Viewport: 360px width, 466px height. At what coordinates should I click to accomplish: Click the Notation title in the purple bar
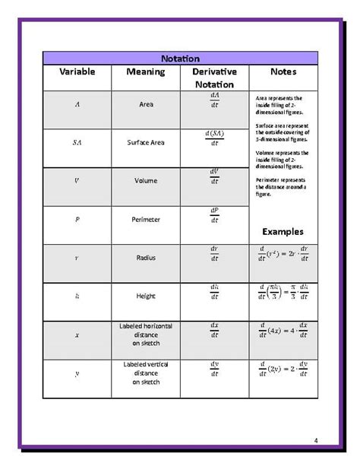(180, 59)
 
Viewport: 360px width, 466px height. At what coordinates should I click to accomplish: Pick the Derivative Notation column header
(214, 78)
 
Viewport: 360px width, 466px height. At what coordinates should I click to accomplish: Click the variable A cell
(77, 104)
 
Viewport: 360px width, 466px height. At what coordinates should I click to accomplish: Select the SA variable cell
(77, 142)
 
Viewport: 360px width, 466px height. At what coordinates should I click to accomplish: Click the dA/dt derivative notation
(214, 101)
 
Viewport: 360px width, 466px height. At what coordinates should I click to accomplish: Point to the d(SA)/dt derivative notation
(214, 140)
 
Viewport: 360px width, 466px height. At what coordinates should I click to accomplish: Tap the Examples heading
(283, 231)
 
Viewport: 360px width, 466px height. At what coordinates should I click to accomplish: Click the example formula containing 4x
(283, 331)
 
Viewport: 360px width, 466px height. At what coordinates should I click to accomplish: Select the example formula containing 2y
(283, 370)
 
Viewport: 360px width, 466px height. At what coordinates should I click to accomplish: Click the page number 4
(315, 439)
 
